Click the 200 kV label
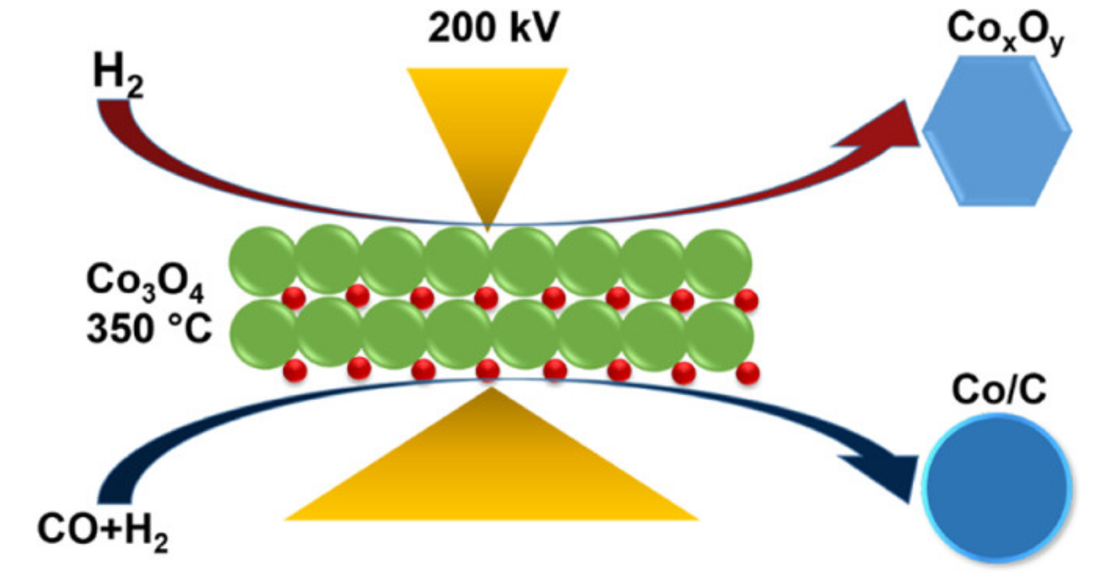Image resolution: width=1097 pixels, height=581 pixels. (493, 28)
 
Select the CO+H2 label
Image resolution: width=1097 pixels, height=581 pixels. (102, 531)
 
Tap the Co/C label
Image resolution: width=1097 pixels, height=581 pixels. (999, 391)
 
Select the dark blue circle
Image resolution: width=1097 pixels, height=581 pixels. (997, 487)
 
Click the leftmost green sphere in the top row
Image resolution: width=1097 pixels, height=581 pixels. (263, 260)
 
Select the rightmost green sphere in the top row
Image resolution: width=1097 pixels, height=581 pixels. (717, 263)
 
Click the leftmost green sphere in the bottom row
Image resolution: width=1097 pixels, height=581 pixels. (264, 333)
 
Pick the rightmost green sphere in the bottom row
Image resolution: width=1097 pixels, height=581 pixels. (719, 335)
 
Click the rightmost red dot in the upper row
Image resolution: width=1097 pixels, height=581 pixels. (746, 300)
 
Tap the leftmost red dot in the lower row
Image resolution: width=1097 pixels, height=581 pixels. (295, 370)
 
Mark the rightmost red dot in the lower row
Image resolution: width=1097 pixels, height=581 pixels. (748, 373)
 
